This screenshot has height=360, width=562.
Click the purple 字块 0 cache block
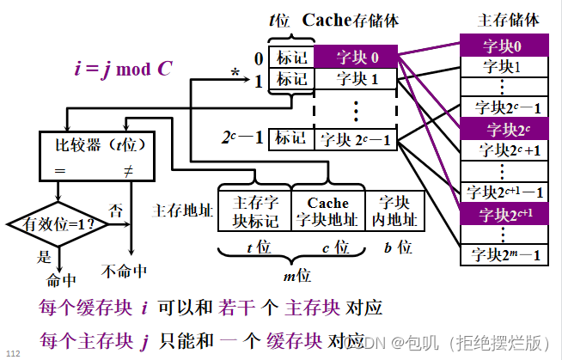355,58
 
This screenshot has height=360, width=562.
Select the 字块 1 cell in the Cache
355,80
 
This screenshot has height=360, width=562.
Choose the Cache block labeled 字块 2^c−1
355,137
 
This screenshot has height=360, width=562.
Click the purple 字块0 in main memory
501,46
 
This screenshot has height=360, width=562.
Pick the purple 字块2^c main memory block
501,129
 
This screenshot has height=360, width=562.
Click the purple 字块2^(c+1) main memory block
501,213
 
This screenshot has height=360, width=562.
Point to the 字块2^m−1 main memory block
501,254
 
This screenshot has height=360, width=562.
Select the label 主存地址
182,210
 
